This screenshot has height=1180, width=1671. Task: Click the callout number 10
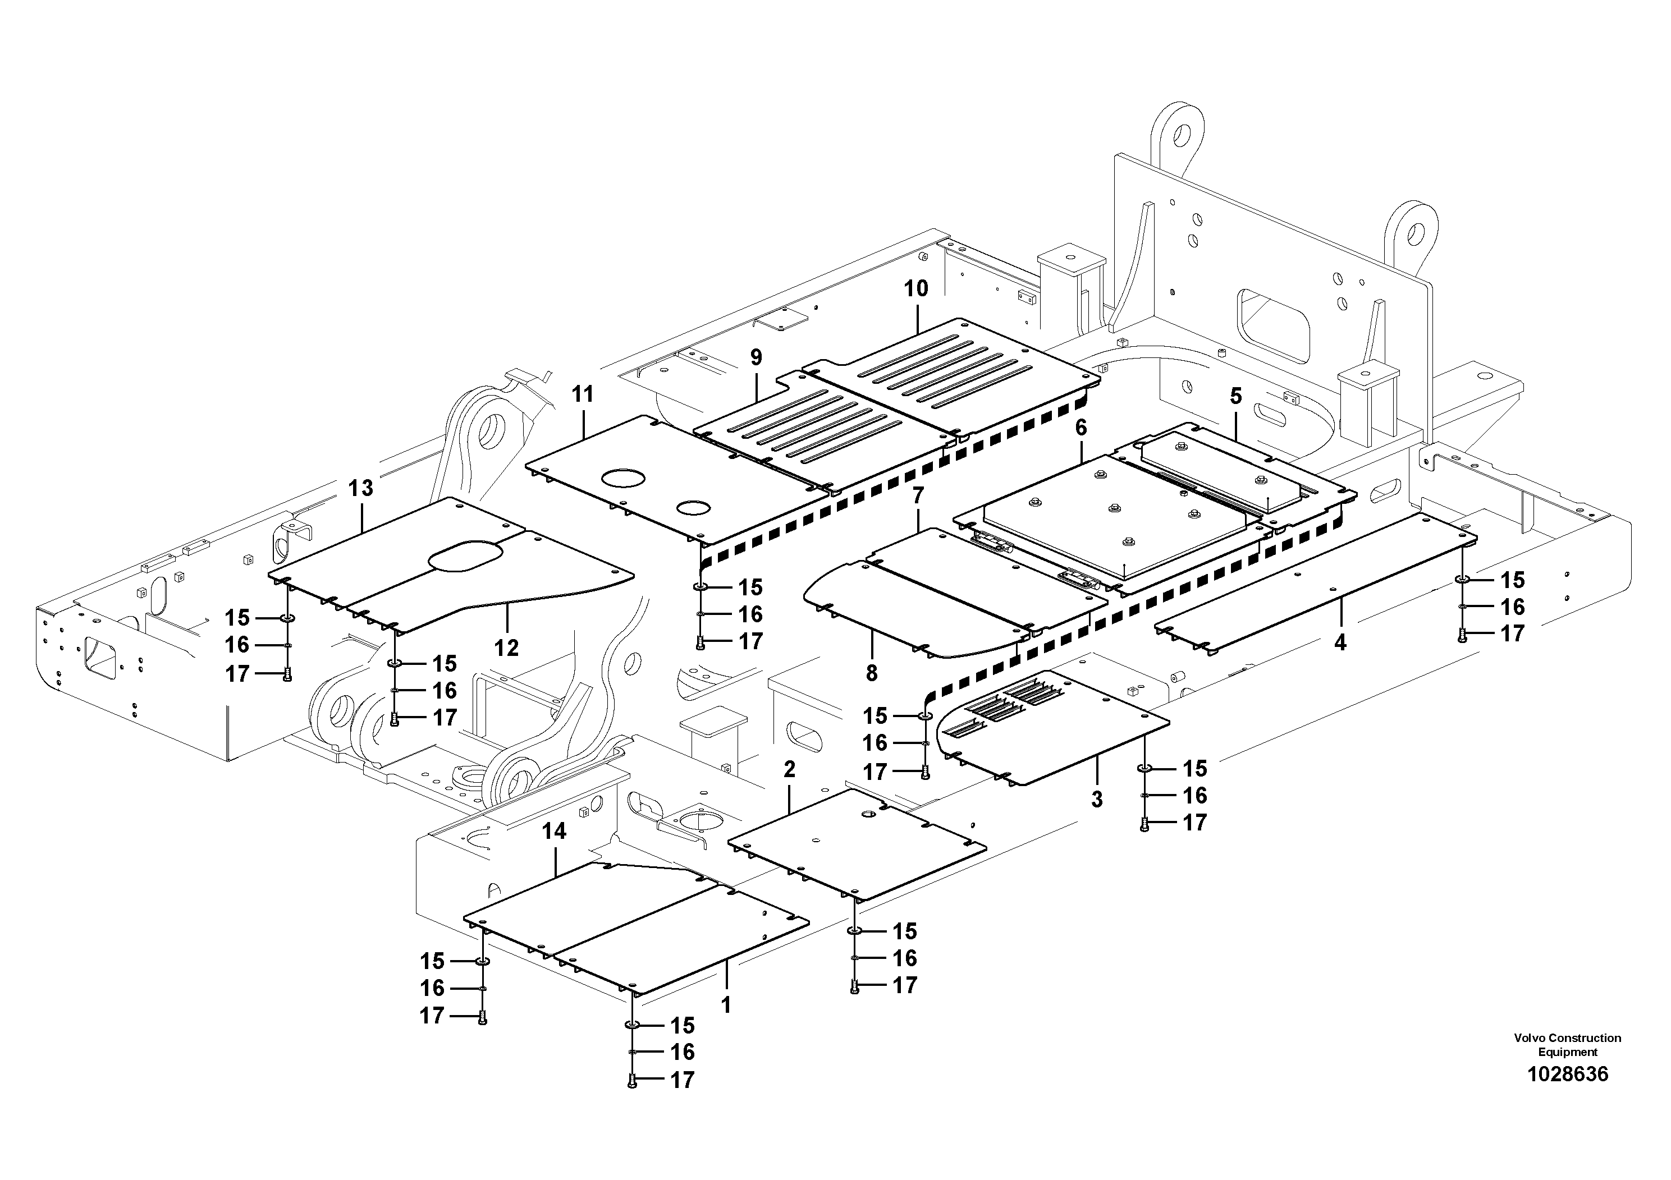[915, 289]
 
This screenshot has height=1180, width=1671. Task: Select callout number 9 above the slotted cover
[756, 357]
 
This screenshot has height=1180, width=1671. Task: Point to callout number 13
[361, 488]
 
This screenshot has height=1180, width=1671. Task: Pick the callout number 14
[555, 831]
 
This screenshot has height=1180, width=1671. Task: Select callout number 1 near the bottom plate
[726, 1005]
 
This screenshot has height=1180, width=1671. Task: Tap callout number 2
[790, 769]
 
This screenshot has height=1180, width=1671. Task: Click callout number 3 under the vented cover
[1097, 800]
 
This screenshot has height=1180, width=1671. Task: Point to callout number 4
[1340, 642]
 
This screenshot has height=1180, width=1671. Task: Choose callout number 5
[1236, 397]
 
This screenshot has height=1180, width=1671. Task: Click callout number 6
[1081, 428]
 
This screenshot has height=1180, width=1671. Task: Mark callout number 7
[918, 496]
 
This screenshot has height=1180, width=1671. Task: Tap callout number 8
[872, 673]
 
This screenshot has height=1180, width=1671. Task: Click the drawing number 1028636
[1567, 1074]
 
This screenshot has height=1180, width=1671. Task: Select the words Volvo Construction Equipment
[1567, 1045]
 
